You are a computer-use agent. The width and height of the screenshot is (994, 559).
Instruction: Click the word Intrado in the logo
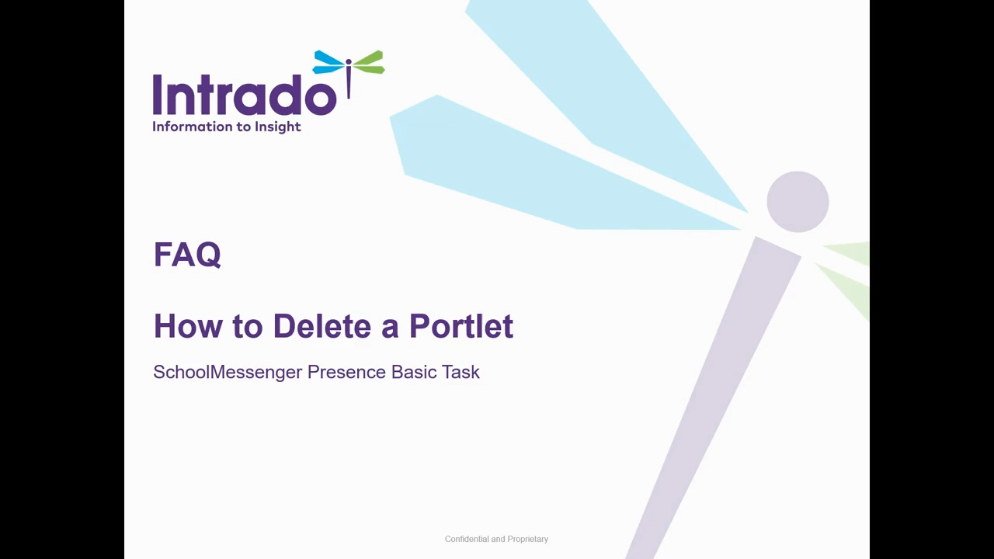[x=245, y=95]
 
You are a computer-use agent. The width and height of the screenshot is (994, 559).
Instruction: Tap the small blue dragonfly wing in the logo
[x=328, y=63]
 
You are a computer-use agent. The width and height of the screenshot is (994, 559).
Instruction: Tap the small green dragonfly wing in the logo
[x=369, y=62]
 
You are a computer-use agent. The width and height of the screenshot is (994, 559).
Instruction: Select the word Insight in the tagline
[x=278, y=127]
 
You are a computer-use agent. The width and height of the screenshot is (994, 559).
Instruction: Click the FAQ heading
[x=187, y=255]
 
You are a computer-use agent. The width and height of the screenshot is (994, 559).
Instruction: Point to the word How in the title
[x=188, y=326]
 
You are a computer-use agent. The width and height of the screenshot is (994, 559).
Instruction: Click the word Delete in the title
[x=322, y=326]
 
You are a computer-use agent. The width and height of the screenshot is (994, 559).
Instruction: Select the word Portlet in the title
[x=461, y=326]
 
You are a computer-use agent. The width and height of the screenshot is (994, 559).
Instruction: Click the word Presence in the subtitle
[x=346, y=372]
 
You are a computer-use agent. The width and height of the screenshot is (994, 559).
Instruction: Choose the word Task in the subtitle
[x=461, y=372]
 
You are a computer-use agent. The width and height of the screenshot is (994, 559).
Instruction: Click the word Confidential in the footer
[x=467, y=539]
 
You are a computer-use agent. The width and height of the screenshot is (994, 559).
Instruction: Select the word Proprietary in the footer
[x=527, y=539]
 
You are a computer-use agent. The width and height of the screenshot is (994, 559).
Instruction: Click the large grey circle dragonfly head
[x=798, y=202]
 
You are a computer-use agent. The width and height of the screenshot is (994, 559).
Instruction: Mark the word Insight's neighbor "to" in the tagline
[x=244, y=127]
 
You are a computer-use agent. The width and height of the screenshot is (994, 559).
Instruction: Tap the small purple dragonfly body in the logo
[x=349, y=78]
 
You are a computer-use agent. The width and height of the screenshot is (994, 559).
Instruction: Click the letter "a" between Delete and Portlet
[x=390, y=330]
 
